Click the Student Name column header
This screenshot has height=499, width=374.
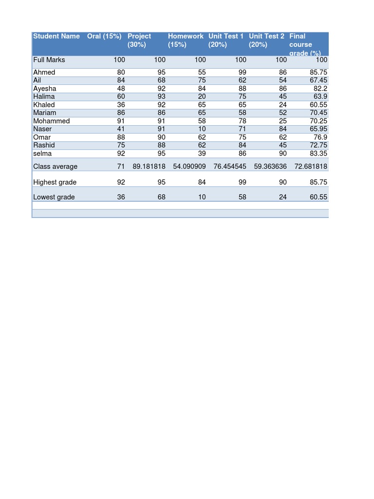56,36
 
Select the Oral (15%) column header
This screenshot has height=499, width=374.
104,36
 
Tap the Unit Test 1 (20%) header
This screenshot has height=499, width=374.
226,40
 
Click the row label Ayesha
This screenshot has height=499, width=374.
45,89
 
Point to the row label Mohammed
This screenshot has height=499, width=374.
52,121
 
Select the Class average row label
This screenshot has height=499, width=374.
56,167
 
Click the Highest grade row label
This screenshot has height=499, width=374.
55,182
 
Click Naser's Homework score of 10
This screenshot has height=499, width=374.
202,129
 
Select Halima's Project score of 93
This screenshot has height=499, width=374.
161,96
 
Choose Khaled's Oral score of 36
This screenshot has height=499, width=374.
121,105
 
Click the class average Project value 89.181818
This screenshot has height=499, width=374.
149,167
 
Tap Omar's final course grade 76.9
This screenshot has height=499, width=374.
320,137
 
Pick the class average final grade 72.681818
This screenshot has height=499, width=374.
311,167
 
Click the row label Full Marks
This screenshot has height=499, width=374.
49,60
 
